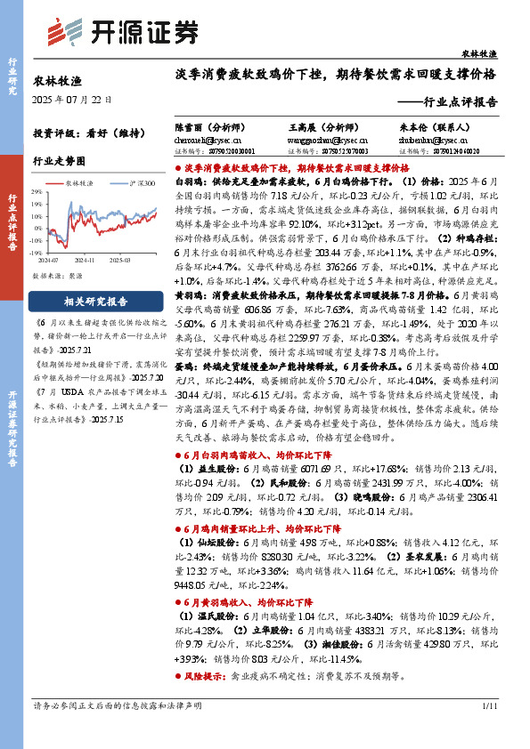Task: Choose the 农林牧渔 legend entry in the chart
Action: point(83,181)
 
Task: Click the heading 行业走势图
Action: point(59,161)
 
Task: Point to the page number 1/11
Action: point(488,730)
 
